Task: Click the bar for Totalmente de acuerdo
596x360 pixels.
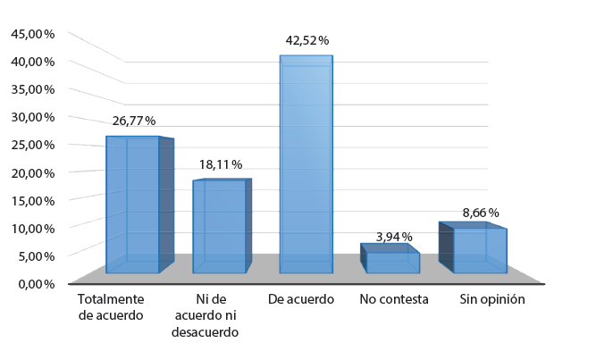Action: pyautogui.click(x=133, y=205)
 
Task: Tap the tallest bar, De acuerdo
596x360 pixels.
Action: pyautogui.click(x=306, y=164)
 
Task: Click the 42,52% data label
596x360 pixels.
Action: pyautogui.click(x=306, y=40)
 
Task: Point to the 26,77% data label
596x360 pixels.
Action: pyautogui.click(x=134, y=121)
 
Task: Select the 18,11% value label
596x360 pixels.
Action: pyautogui.click(x=221, y=164)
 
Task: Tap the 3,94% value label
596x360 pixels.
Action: pyautogui.click(x=394, y=237)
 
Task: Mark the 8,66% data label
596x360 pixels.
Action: pyautogui.click(x=481, y=213)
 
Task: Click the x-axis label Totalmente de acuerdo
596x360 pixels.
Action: pyautogui.click(x=111, y=306)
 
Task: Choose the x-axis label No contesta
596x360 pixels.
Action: pyautogui.click(x=394, y=299)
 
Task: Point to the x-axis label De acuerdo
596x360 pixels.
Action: pyautogui.click(x=301, y=299)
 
